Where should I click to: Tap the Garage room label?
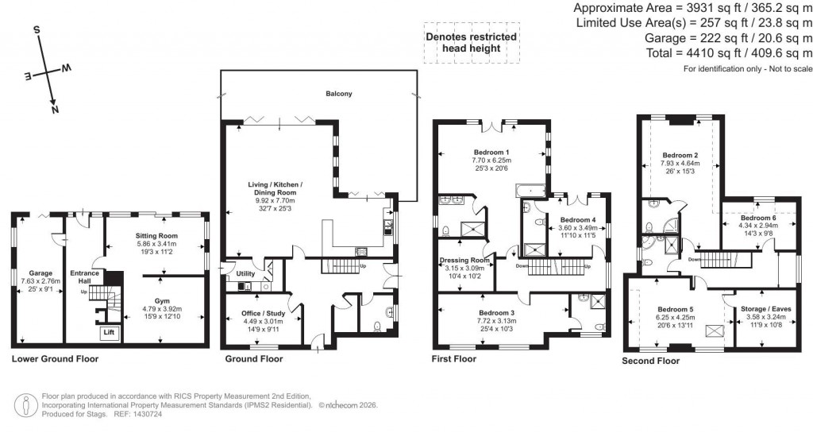pos(40,273)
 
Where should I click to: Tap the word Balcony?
pos(339,94)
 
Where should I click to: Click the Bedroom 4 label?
pos(576,220)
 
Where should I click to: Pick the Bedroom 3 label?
pos(495,313)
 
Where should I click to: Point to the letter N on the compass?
pos(55,110)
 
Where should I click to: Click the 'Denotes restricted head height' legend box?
pos(471,42)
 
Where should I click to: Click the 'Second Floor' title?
pos(651,361)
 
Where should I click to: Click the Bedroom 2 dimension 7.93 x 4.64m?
pos(680,164)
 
